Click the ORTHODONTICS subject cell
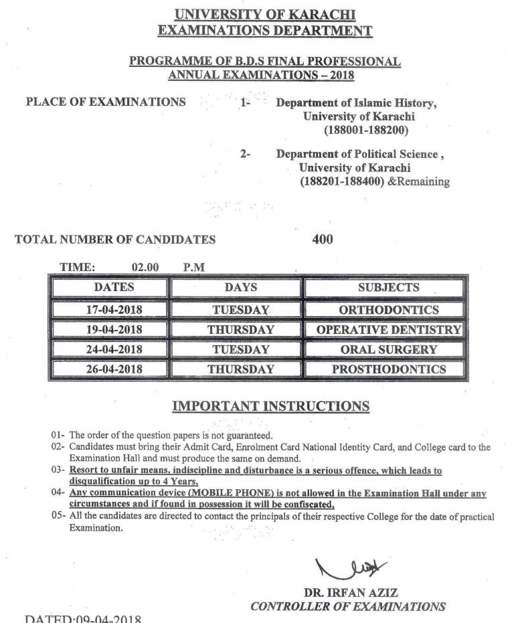point(388,310)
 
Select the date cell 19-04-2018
point(114,330)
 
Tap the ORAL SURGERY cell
point(388,349)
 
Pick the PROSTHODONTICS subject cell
point(388,369)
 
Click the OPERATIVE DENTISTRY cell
point(388,330)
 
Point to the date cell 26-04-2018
point(114,369)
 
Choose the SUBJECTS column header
point(388,288)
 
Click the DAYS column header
point(240,288)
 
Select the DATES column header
point(114,288)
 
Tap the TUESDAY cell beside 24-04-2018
point(240,349)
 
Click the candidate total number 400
point(323,239)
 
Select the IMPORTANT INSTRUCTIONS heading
point(270,406)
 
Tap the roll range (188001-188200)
point(366,130)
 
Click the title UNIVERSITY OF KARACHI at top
point(264,14)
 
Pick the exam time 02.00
point(145,268)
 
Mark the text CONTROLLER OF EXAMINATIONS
point(347,607)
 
